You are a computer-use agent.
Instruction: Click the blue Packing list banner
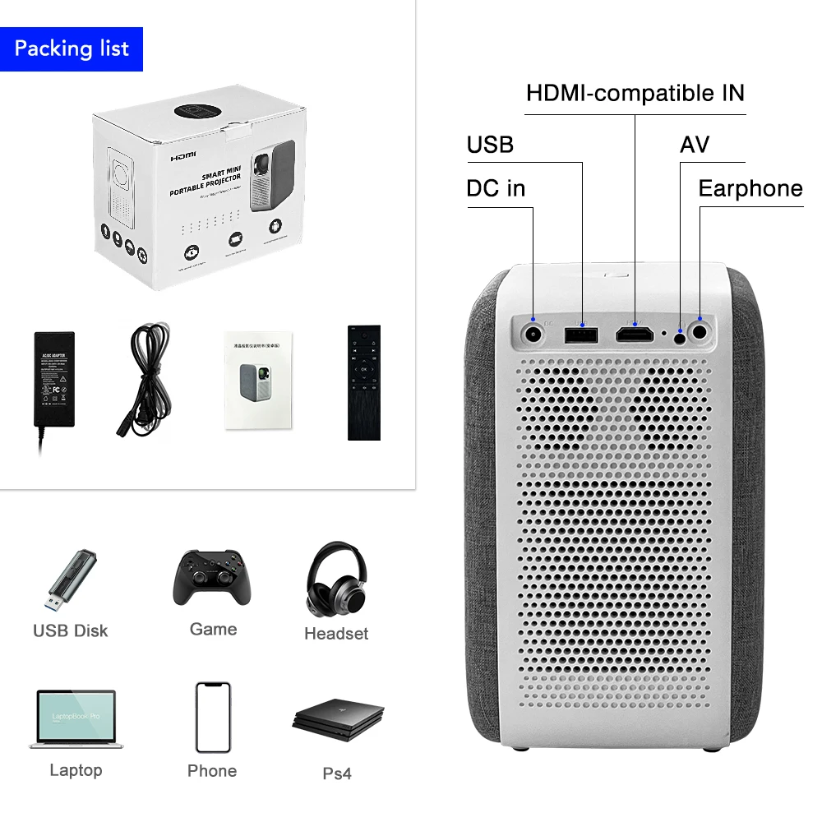point(72,48)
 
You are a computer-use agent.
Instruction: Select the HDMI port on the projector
point(635,334)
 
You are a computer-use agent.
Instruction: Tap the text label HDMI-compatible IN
point(635,93)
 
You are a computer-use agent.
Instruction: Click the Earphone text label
point(750,188)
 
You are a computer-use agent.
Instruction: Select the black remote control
point(364,382)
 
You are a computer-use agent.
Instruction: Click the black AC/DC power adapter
point(53,380)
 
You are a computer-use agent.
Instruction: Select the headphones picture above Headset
point(336,579)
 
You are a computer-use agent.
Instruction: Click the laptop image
point(76,720)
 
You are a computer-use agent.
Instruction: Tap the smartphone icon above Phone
point(212,717)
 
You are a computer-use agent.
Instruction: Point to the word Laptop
point(76,770)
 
